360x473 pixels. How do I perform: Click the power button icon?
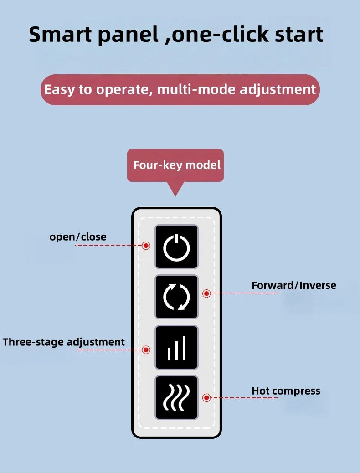[x=176, y=247]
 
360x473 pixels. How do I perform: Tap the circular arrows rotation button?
[x=176, y=297]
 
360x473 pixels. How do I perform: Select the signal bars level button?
[x=176, y=347]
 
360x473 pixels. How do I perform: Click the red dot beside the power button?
[x=146, y=246]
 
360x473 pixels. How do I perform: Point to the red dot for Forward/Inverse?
[x=206, y=293]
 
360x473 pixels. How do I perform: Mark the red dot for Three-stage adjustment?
[x=146, y=350]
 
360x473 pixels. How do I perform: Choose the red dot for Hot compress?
[x=206, y=398]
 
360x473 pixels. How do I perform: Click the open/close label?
[x=78, y=237]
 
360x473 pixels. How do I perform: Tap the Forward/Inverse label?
[x=294, y=285]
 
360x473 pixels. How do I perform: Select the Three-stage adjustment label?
[x=64, y=342]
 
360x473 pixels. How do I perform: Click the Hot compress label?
[x=286, y=391]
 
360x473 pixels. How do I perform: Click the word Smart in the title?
[x=60, y=34]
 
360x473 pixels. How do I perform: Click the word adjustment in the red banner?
[x=278, y=90]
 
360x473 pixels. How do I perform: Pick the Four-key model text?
[x=177, y=165]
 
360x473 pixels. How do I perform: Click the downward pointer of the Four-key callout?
[x=175, y=195]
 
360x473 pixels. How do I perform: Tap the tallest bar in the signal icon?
[x=184, y=348]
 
